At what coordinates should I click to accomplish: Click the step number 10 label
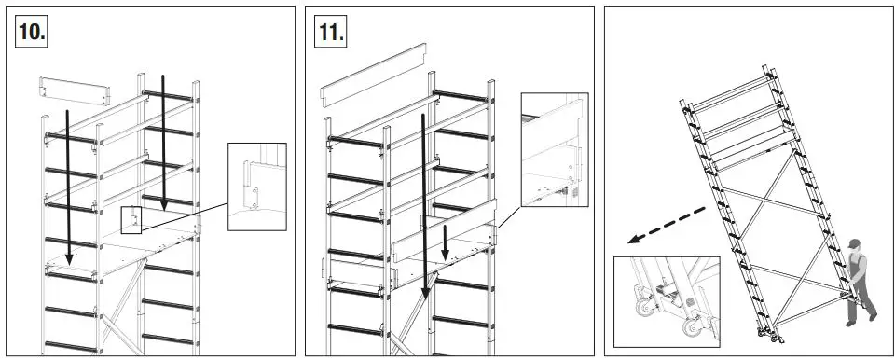click(x=31, y=31)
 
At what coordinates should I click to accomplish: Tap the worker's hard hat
click(x=854, y=244)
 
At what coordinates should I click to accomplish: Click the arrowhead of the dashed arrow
click(x=633, y=241)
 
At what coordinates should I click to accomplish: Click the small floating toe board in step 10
click(x=74, y=90)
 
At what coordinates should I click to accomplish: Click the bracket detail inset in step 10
click(x=256, y=186)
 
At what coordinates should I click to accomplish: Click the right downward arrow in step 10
click(x=163, y=140)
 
